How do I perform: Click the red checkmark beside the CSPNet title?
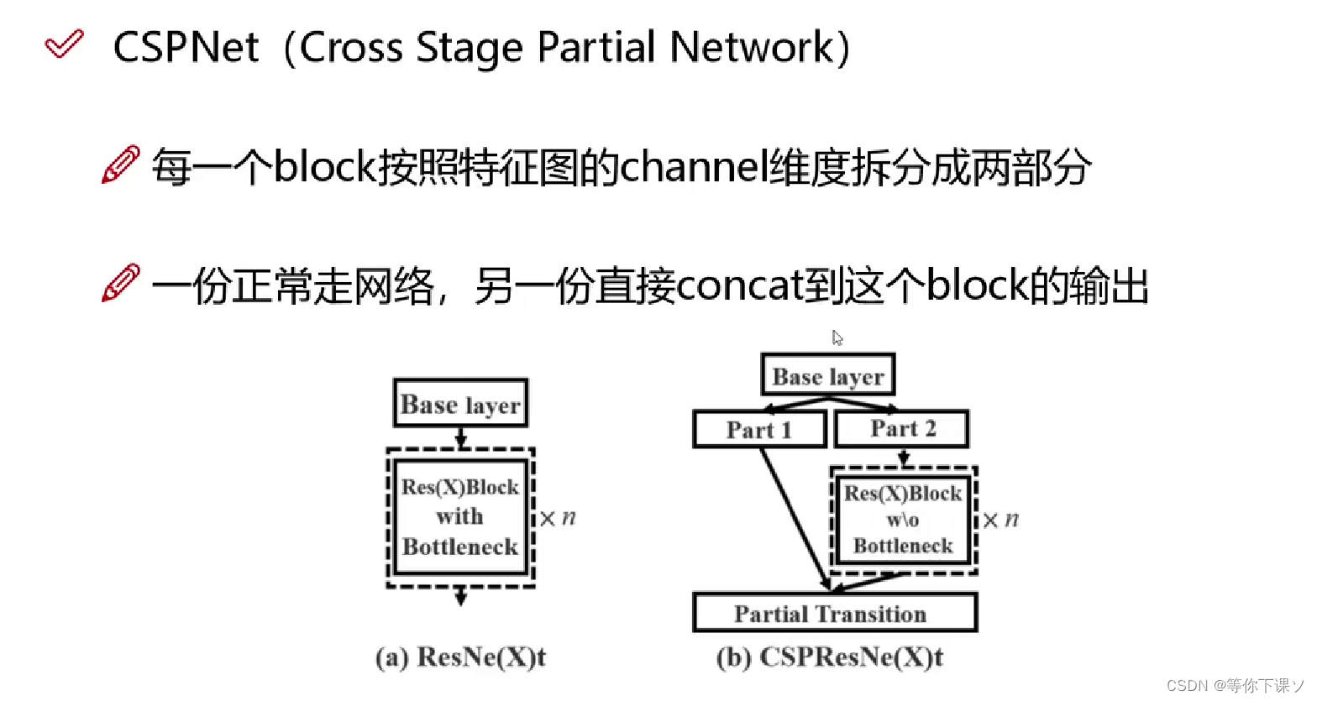pos(64,44)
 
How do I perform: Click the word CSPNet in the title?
pos(186,47)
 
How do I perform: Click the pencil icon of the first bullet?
pos(120,165)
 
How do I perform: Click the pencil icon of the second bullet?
pos(120,284)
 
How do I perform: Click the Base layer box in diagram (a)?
pos(460,404)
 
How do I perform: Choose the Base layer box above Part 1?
pos(827,375)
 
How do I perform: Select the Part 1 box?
pos(759,430)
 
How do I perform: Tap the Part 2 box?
pos(902,429)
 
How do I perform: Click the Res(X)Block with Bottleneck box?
pos(460,517)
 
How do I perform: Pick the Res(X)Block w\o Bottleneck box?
pos(903,520)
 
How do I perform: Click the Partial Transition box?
pos(834,614)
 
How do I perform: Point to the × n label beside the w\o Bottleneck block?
pos(1000,520)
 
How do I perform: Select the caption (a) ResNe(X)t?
pos(460,657)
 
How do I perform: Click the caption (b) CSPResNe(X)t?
pos(829,657)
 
